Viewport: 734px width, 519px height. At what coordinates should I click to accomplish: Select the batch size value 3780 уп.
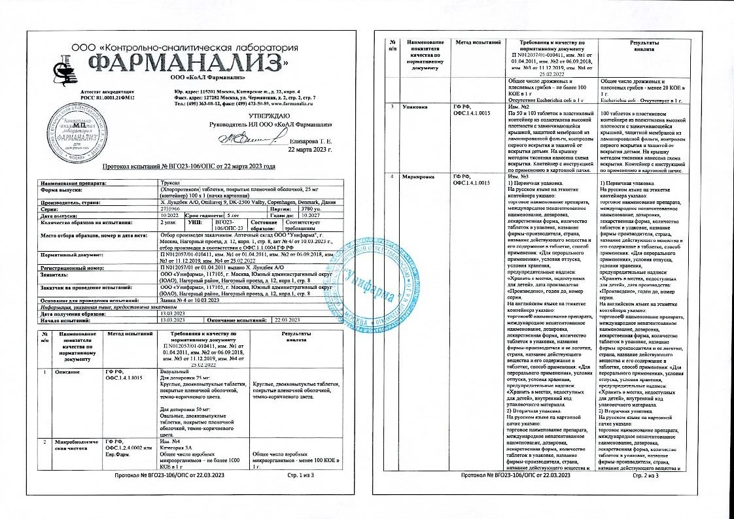click(x=292, y=209)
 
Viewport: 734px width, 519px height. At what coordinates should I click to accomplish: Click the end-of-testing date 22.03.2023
click(x=287, y=319)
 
